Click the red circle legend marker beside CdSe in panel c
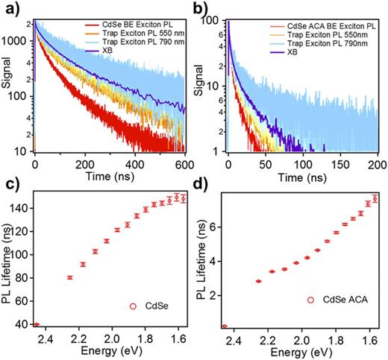click(x=131, y=305)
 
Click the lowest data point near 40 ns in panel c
click(x=36, y=324)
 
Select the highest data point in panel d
click(x=376, y=198)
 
